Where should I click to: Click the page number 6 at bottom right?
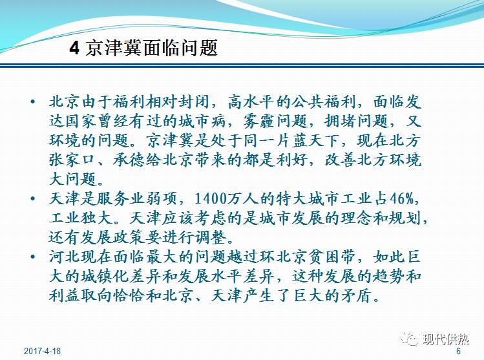pos(458,351)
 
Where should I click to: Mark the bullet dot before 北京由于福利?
pos(34,102)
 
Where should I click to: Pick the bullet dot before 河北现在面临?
pos(34,258)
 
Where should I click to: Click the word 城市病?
pos(224,121)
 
